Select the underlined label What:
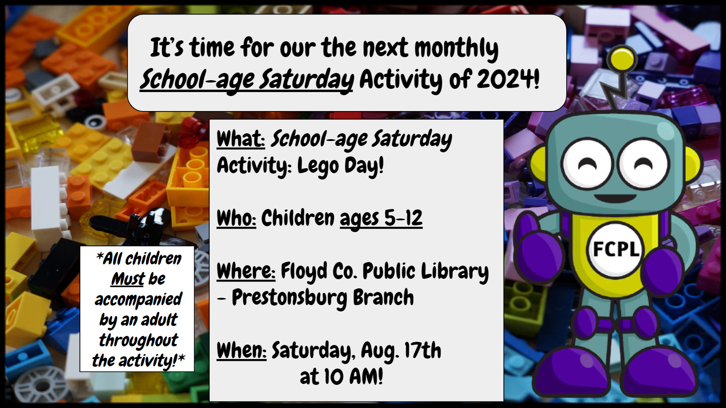pos(241,139)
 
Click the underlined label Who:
pos(236,218)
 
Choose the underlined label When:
pos(241,350)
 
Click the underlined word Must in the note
pos(128,279)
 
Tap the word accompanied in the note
pos(138,300)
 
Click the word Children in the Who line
pos(298,218)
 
